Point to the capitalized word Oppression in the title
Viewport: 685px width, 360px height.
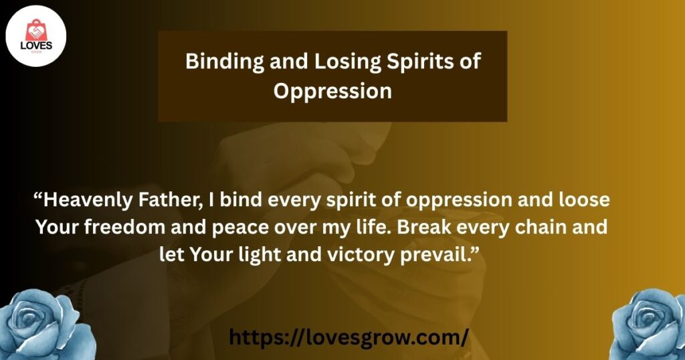pyautogui.click(x=332, y=92)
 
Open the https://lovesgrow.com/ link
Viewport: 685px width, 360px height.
pyautogui.click(x=349, y=337)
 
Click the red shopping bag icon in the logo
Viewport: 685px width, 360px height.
pyautogui.click(x=36, y=30)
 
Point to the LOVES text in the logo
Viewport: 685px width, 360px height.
pyautogui.click(x=36, y=46)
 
